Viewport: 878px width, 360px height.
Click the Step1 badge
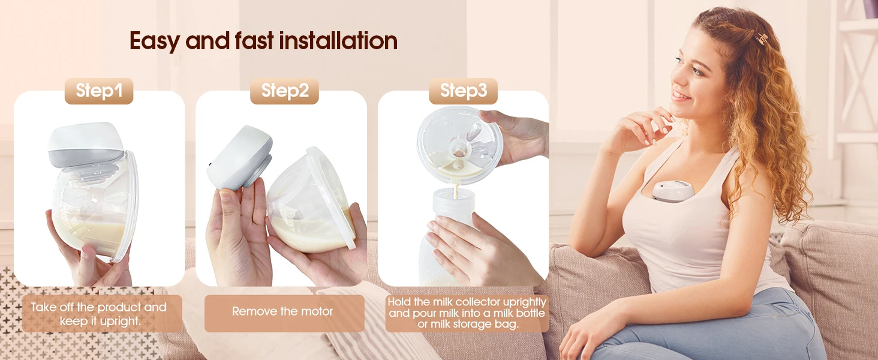[99, 91]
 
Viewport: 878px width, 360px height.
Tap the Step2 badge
[284, 91]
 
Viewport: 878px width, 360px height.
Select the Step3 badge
[464, 91]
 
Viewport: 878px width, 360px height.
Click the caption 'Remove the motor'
[282, 311]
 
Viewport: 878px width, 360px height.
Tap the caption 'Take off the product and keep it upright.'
[99, 314]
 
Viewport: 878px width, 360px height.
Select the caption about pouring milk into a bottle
[467, 313]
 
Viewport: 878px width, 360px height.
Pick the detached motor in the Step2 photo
[240, 158]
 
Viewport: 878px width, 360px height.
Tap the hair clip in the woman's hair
[761, 38]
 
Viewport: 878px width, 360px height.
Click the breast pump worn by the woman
[673, 191]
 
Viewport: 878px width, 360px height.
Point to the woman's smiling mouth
[681, 96]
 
